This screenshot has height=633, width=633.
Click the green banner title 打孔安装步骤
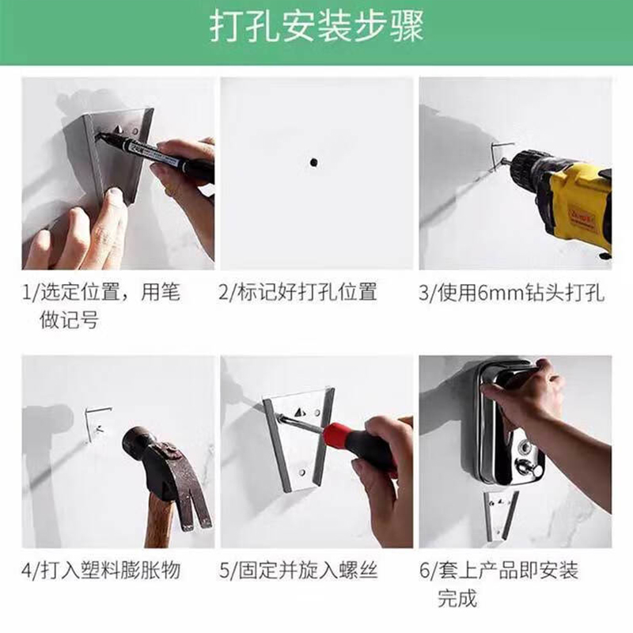tap(316, 27)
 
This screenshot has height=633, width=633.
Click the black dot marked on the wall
tap(313, 163)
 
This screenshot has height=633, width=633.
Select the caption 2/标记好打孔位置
tap(298, 291)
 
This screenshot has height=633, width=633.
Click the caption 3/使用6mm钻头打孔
tap(511, 292)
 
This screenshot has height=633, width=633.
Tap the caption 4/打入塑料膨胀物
tap(101, 570)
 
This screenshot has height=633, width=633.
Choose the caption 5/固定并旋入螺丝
tap(298, 570)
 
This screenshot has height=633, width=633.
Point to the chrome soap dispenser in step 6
tap(510, 422)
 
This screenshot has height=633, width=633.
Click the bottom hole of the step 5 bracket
tap(301, 472)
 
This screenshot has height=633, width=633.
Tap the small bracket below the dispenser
tap(501, 515)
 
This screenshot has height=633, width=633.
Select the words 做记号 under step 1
tap(69, 320)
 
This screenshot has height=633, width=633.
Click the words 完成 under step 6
tap(457, 598)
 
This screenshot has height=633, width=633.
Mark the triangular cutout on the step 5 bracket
tap(299, 411)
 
